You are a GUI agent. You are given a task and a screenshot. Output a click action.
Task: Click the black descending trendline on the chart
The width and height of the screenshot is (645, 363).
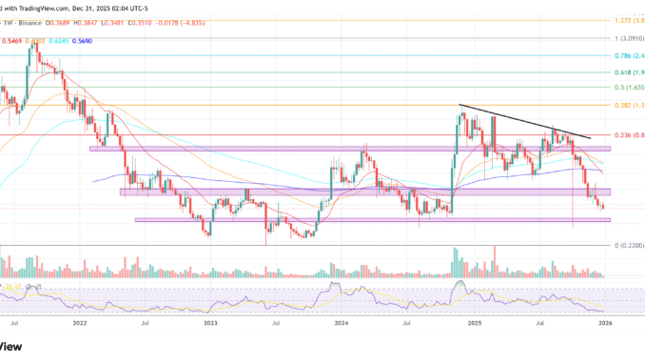(x=523, y=121)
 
